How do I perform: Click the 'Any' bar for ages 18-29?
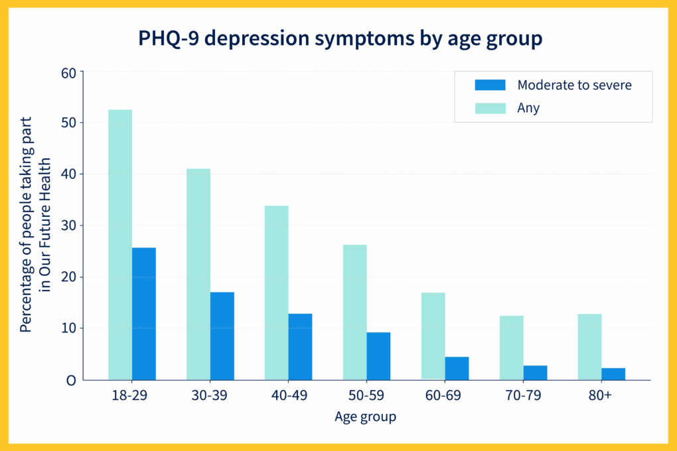pos(120,245)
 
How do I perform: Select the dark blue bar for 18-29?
pos(144,314)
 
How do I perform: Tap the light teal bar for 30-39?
pos(198,275)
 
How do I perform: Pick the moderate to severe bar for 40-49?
pos(300,347)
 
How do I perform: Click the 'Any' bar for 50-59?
pos(355,312)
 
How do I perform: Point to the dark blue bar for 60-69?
pos(457,369)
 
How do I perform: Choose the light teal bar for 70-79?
pos(512,348)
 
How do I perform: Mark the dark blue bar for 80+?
pos(613,374)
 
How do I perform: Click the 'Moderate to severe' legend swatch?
pos(490,85)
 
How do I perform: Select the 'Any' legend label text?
pos(528,108)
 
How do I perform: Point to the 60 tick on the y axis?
pos(68,73)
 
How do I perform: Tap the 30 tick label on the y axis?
pos(68,225)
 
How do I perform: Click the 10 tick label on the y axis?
pos(68,328)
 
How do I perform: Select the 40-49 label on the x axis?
pos(289,395)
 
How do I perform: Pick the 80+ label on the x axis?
pos(600,395)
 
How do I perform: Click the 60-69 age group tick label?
pos(443,395)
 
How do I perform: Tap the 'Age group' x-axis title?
pos(365,417)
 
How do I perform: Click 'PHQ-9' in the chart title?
pos(169,38)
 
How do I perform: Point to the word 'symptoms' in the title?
pos(364,39)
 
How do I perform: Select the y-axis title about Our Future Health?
pos(35,224)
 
